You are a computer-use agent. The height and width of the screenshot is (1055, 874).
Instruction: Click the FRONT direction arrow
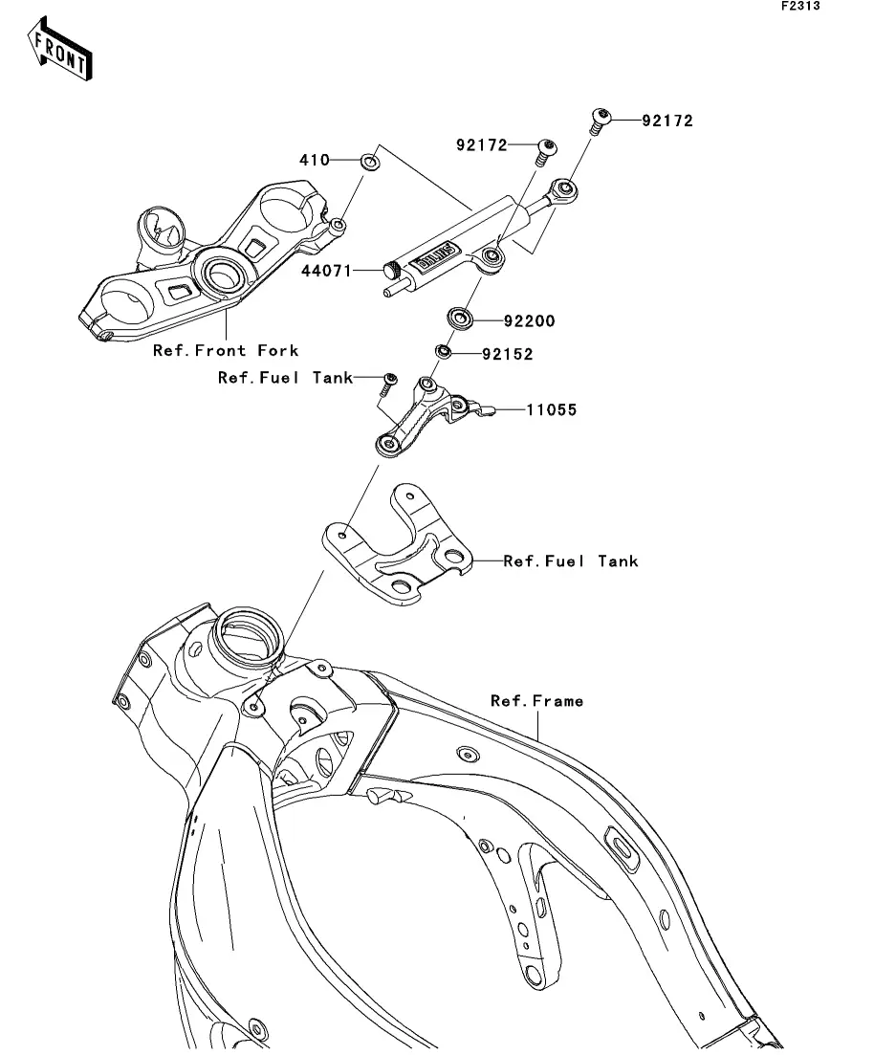(59, 49)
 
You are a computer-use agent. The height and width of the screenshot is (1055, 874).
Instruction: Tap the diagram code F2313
(800, 6)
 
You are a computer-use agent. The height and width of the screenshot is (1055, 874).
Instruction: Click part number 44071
(326, 271)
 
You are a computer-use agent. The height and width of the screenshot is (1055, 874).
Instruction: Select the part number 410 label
(315, 160)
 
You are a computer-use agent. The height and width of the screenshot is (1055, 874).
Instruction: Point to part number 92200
(530, 321)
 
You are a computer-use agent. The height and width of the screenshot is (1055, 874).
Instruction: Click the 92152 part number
(508, 355)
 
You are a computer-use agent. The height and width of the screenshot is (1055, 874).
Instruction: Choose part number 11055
(551, 409)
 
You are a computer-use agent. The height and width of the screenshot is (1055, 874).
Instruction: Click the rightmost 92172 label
(666, 121)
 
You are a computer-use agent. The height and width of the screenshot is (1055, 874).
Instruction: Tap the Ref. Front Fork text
(226, 350)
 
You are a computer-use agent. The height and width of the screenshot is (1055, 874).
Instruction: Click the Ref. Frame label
(536, 701)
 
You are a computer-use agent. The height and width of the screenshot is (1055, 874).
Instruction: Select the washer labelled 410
(369, 162)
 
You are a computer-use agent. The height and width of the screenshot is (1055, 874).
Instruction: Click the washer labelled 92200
(460, 319)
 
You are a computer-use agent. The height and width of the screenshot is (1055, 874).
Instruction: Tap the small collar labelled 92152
(443, 351)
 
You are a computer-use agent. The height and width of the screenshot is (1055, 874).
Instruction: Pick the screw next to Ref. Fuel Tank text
(389, 384)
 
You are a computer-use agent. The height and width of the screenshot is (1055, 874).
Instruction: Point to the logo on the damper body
(437, 257)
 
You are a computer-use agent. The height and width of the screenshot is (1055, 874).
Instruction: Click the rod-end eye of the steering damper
(563, 189)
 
